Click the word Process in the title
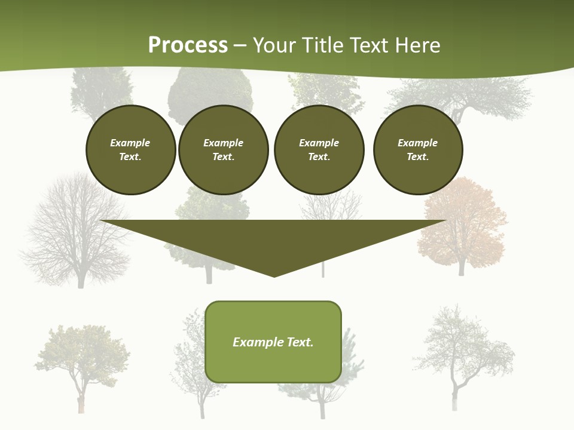click(188, 45)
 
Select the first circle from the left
click(131, 150)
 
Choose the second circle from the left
click(224, 150)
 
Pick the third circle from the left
click(319, 150)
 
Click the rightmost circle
click(418, 150)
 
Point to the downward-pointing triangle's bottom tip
click(274, 275)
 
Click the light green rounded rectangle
click(273, 342)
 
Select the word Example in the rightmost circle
click(418, 143)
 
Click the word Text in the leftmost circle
click(130, 157)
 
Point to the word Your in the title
click(274, 45)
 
